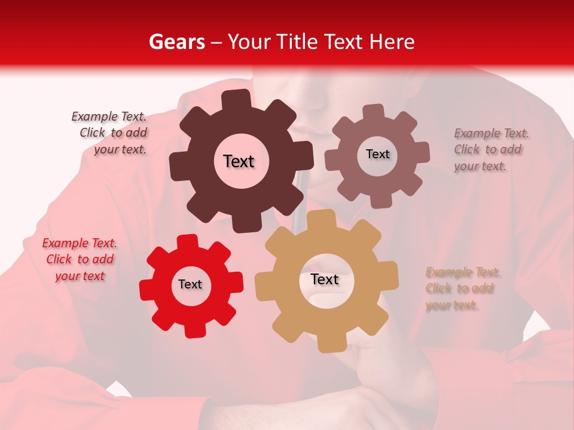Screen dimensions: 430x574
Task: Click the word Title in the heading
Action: click(x=296, y=42)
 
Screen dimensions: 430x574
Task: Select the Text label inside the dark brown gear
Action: click(x=239, y=161)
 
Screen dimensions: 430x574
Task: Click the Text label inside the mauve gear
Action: click(x=377, y=154)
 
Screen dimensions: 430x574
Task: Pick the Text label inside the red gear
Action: click(x=190, y=284)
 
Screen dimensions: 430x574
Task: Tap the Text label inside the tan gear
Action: click(x=325, y=279)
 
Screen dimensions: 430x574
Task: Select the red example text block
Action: click(x=79, y=260)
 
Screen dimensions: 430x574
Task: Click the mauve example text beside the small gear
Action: click(x=490, y=150)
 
